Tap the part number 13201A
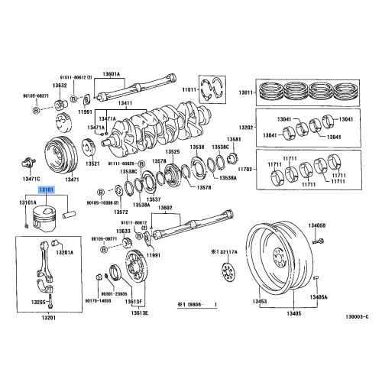(64, 252)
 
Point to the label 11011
(189, 91)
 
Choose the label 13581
(234, 140)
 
